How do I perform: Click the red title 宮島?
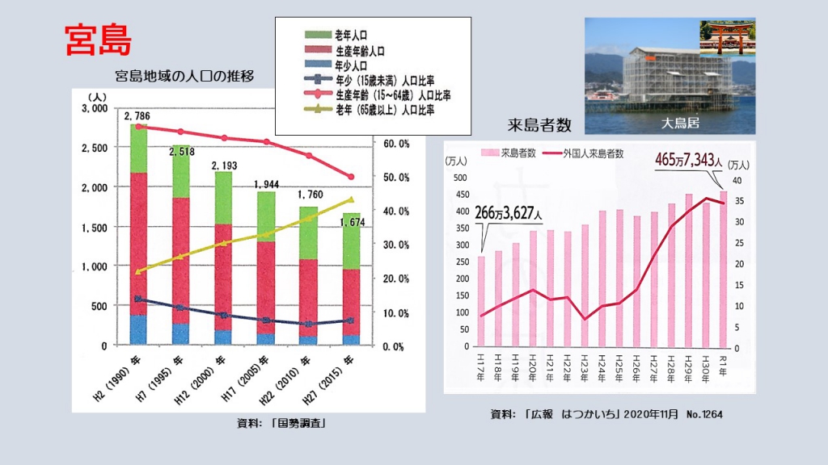pyautogui.click(x=96, y=40)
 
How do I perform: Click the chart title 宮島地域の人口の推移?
pyautogui.click(x=185, y=77)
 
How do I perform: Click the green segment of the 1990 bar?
pyautogui.click(x=138, y=149)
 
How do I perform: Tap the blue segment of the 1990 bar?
pyautogui.click(x=138, y=329)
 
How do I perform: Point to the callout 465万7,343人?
pyautogui.click(x=683, y=160)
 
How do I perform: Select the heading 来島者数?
pyautogui.click(x=539, y=125)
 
